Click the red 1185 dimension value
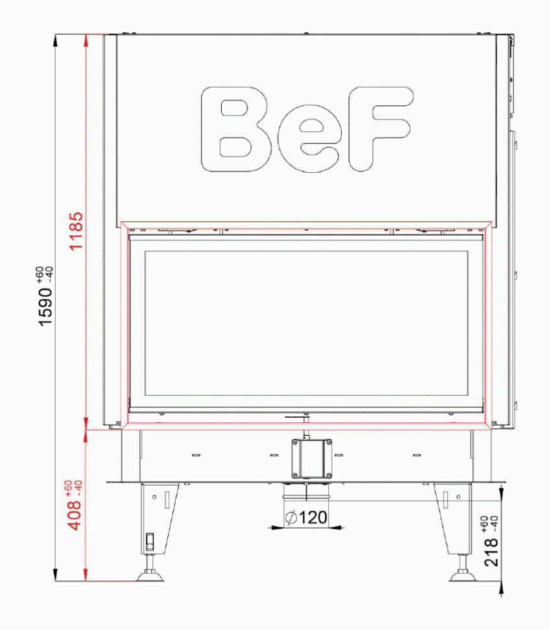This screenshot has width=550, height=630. pyautogui.click(x=76, y=231)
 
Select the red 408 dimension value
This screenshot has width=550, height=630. pyautogui.click(x=76, y=514)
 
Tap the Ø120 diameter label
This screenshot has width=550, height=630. pyautogui.click(x=305, y=518)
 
